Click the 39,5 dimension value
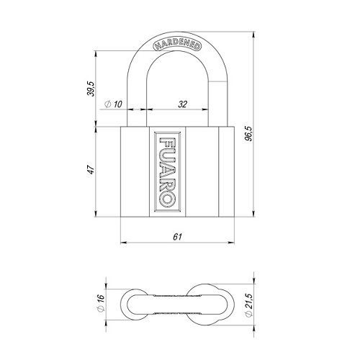(x=91, y=89)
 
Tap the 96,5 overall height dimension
(x=249, y=133)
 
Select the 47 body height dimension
(x=91, y=169)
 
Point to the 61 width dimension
(x=177, y=237)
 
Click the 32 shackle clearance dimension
(x=182, y=104)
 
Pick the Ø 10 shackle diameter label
(x=114, y=104)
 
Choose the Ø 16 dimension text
(x=101, y=303)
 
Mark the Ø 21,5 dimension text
(x=249, y=305)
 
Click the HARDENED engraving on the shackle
(x=177, y=45)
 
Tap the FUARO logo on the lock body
(x=167, y=172)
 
